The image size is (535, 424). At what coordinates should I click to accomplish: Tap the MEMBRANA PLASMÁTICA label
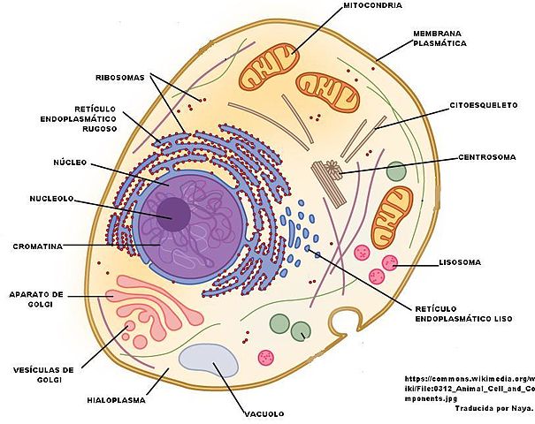tap(439, 37)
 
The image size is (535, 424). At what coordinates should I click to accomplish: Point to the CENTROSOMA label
tap(485, 157)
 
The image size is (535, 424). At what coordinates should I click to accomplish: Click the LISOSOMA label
tap(460, 262)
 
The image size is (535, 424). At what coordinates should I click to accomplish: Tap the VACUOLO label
tap(263, 413)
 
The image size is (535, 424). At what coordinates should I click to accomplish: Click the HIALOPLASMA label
tap(114, 399)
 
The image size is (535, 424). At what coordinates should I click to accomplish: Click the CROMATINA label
tap(36, 246)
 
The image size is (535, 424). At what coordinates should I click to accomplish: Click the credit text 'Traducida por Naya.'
tap(493, 409)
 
